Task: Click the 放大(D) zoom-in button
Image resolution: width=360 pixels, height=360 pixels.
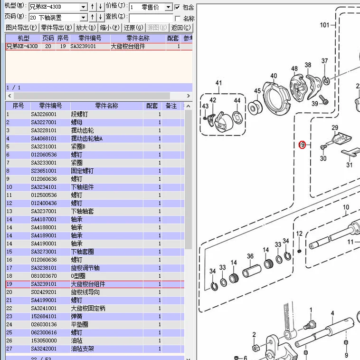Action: (x=86, y=28)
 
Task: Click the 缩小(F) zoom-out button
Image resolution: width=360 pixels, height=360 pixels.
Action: (x=110, y=28)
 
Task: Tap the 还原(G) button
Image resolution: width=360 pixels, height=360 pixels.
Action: (x=133, y=28)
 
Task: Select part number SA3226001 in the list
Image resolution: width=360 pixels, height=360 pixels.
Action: (x=44, y=114)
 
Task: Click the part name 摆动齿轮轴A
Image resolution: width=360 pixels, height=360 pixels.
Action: (x=86, y=138)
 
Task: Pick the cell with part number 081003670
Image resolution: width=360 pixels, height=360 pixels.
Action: (x=44, y=276)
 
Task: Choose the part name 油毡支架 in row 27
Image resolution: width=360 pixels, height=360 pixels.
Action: (x=83, y=349)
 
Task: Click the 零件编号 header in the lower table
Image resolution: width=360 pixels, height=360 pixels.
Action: (x=50, y=106)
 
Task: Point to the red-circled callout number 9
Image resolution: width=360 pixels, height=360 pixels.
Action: (x=302, y=145)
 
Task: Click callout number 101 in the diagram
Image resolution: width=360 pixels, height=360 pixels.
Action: (x=324, y=25)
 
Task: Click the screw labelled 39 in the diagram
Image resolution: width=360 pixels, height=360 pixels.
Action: (x=325, y=100)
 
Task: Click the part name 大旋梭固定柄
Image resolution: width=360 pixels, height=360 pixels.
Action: (x=88, y=308)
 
